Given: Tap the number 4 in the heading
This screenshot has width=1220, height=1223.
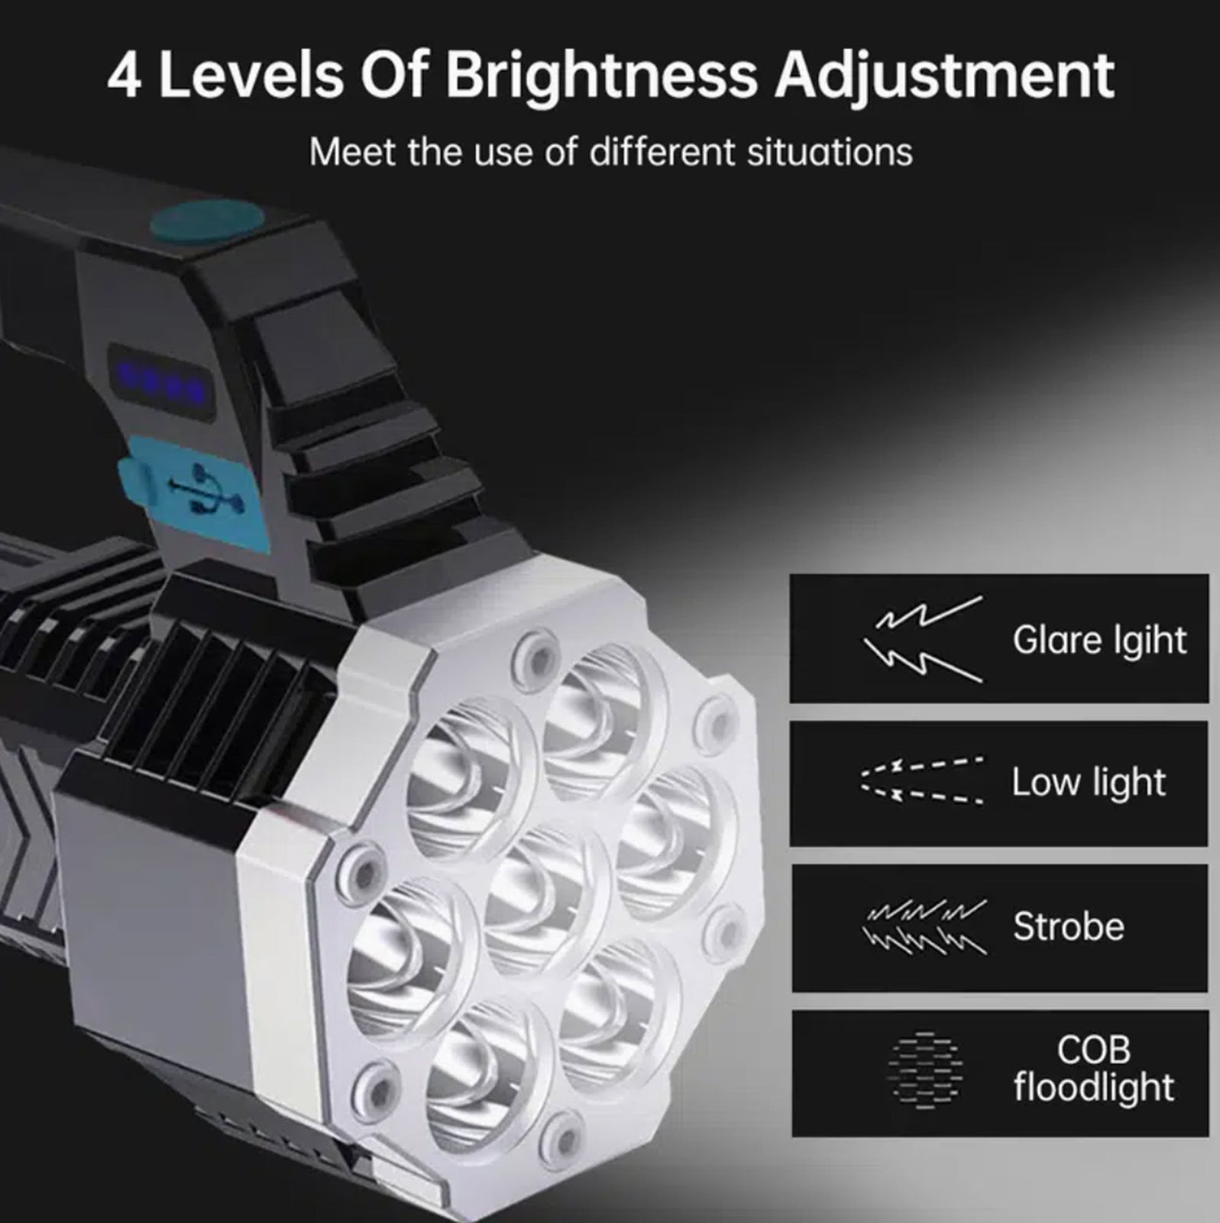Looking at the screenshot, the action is pos(124,76).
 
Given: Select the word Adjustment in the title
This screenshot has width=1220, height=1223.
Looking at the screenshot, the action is pos(944,77).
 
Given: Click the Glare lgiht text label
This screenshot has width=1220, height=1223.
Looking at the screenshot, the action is pos(1099,640).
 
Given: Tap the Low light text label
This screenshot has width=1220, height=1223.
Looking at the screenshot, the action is pos(1089,783).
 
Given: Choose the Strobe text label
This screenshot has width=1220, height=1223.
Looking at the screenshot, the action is pos(1069,926).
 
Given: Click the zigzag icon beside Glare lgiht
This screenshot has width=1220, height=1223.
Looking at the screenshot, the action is pos(923,639).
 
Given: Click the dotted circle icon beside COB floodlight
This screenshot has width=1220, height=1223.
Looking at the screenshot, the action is pos(924,1069).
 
